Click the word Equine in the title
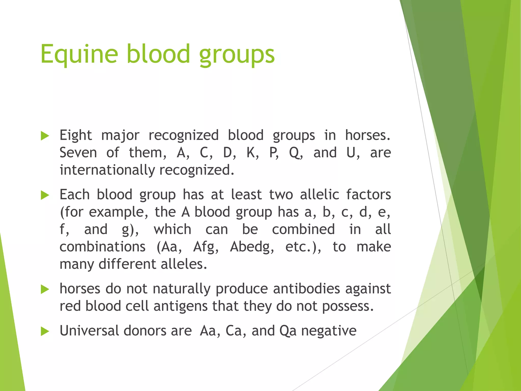79,54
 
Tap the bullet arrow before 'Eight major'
45,136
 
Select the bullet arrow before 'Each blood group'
45,195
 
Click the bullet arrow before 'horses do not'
45,289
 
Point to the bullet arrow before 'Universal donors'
45,331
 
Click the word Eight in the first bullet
76,135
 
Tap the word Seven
78,153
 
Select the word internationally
107,170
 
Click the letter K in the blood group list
251,153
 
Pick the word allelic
319,195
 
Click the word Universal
89,331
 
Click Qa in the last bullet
288,331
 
